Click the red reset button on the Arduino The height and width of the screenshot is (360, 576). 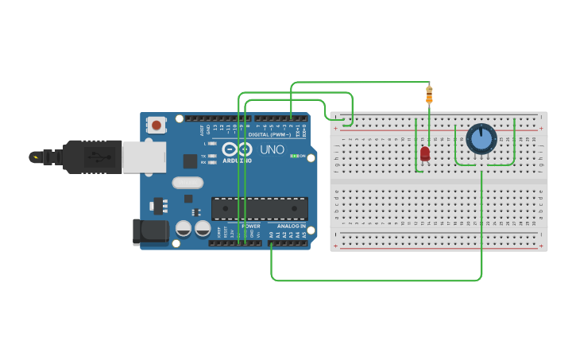pyautogui.click(x=157, y=125)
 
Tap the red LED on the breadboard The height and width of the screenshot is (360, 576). pyautogui.click(x=425, y=153)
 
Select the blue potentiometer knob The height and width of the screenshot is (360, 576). pyautogui.click(x=481, y=139)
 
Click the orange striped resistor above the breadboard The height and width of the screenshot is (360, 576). pyautogui.click(x=429, y=95)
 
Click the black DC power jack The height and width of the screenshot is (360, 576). pyautogui.click(x=150, y=231)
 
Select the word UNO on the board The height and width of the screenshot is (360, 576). pyautogui.click(x=273, y=149)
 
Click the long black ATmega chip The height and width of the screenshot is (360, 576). pyautogui.click(x=259, y=208)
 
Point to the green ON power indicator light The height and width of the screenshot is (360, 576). pyautogui.click(x=295, y=156)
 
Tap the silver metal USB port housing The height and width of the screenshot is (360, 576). pyautogui.click(x=144, y=157)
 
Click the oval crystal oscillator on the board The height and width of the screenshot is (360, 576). pyautogui.click(x=187, y=183)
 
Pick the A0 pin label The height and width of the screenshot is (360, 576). pyautogui.click(x=272, y=234)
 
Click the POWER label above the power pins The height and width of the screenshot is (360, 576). pyautogui.click(x=251, y=226)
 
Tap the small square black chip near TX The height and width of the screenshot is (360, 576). pyautogui.click(x=190, y=161)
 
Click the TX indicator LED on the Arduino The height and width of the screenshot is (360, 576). pyautogui.click(x=212, y=156)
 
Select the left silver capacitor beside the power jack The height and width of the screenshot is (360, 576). pyautogui.click(x=184, y=229)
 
